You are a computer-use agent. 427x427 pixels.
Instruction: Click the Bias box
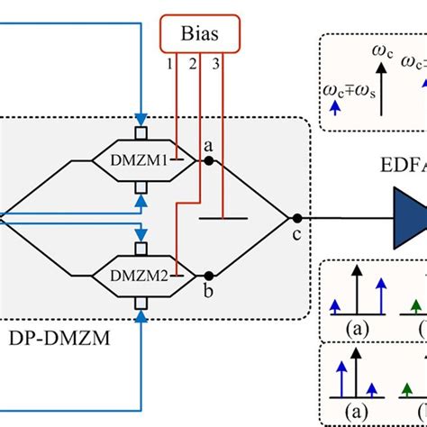click(x=202, y=36)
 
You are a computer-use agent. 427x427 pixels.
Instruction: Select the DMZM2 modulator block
click(x=138, y=269)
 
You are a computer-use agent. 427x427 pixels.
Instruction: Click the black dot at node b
click(x=209, y=275)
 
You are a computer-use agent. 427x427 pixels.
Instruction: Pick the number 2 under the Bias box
click(x=192, y=66)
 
